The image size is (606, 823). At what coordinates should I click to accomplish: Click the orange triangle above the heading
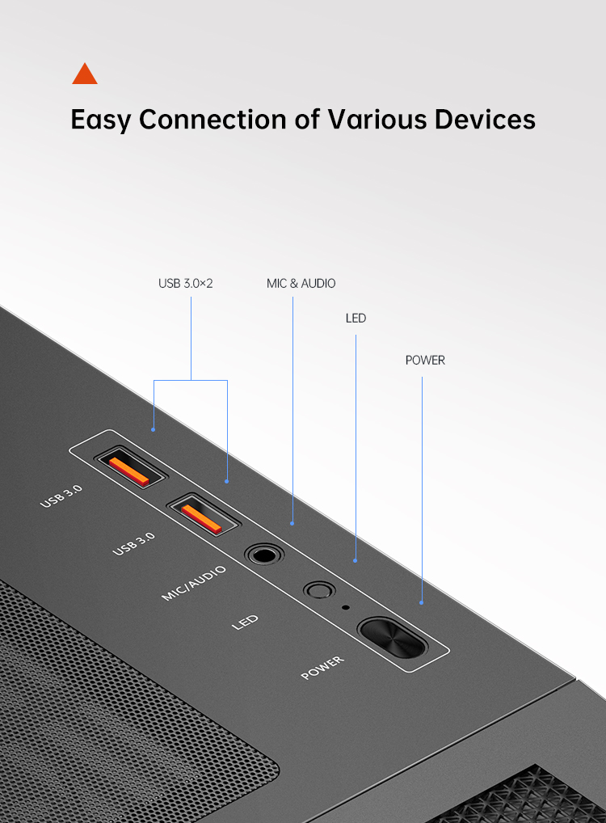pyautogui.click(x=85, y=74)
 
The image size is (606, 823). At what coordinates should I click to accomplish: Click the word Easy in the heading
pyautogui.click(x=100, y=120)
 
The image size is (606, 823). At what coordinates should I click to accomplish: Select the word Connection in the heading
pyautogui.click(x=213, y=119)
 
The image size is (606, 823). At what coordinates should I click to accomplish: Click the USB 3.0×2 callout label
pyautogui.click(x=186, y=284)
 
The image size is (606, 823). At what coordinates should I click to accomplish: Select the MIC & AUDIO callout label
pyautogui.click(x=301, y=284)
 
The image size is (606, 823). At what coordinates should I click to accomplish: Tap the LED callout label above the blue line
pyautogui.click(x=356, y=318)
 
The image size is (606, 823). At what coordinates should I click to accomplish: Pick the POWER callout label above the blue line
pyautogui.click(x=425, y=360)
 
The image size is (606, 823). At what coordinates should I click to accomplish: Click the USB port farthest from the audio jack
pyautogui.click(x=130, y=466)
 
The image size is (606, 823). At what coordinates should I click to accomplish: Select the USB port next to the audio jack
pyautogui.click(x=203, y=515)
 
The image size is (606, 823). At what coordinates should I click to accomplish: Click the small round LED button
pyautogui.click(x=319, y=589)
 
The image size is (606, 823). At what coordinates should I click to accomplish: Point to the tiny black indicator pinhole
pyautogui.click(x=345, y=607)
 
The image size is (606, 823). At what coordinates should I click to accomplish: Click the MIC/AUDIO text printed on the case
pyautogui.click(x=194, y=583)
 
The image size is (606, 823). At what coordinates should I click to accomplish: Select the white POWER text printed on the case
pyautogui.click(x=322, y=668)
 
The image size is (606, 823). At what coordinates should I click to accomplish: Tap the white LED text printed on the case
pyautogui.click(x=245, y=623)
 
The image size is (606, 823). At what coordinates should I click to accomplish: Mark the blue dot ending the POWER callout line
pyautogui.click(x=421, y=603)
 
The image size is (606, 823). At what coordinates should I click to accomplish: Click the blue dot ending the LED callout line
pyautogui.click(x=356, y=560)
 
